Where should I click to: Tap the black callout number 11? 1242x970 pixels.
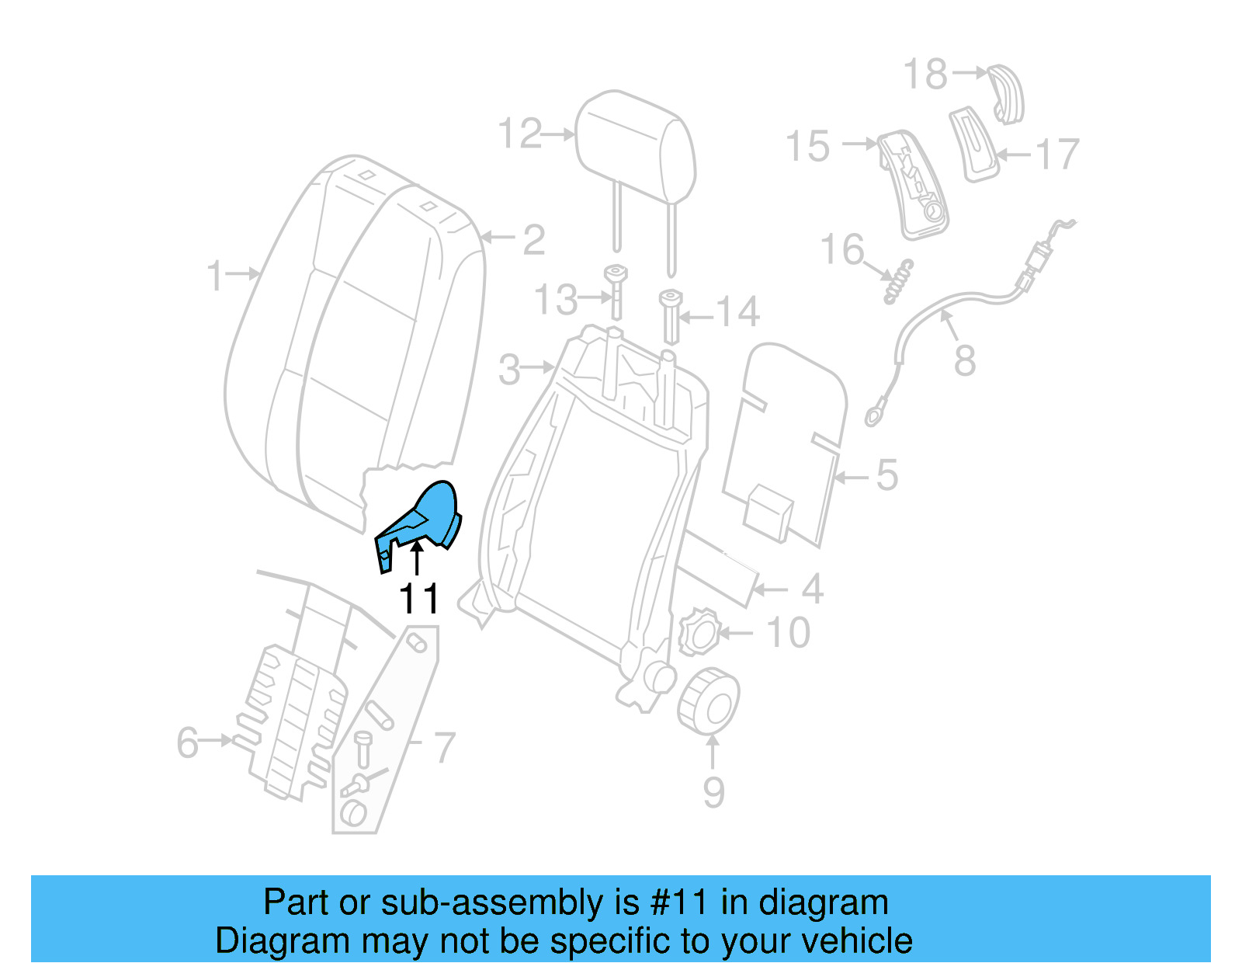pyautogui.click(x=418, y=599)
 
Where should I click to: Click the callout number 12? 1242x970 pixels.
pyautogui.click(x=519, y=134)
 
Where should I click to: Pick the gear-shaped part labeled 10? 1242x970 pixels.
pyautogui.click(x=698, y=634)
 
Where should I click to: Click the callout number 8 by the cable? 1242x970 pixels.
pyautogui.click(x=964, y=360)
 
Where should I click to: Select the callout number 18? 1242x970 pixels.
pyautogui.click(x=925, y=75)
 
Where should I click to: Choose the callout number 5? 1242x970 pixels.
pyautogui.click(x=886, y=475)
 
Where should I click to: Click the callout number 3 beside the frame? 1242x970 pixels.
pyautogui.click(x=509, y=370)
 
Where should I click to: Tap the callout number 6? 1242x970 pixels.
pyautogui.click(x=188, y=742)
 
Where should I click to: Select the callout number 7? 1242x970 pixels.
pyautogui.click(x=443, y=748)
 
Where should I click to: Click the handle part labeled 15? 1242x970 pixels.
pyautogui.click(x=913, y=185)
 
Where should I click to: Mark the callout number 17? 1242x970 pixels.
pyautogui.click(x=1057, y=155)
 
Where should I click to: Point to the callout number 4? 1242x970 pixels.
pyautogui.click(x=812, y=589)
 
